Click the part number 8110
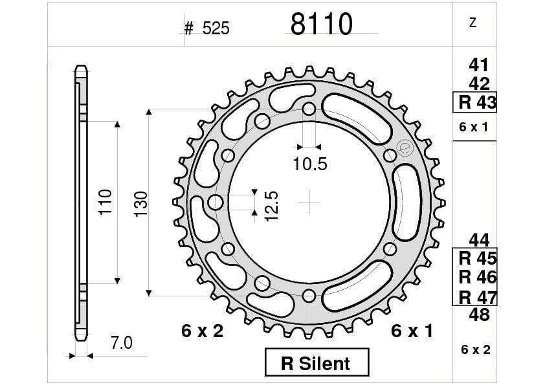coord(321,25)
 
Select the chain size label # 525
coord(206,28)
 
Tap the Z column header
coord(473,23)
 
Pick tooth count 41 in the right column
coord(478,65)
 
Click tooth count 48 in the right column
coord(478,315)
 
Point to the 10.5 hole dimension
coord(309,164)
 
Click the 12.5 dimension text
coord(271,206)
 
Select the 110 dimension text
coord(106,201)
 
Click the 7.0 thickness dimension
coord(121,343)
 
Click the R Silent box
coord(317,362)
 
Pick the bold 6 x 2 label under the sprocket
coord(202,331)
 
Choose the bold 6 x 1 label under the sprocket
coord(412,331)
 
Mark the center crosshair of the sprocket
coord(309,202)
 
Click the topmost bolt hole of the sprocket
coord(309,108)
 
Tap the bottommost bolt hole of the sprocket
coord(309,296)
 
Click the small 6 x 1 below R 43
coord(474,127)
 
